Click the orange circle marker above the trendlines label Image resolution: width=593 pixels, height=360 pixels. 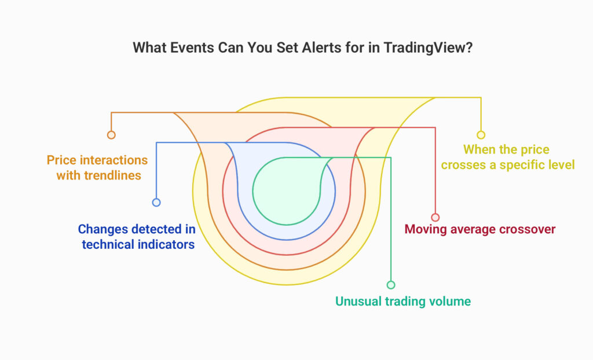click(111, 135)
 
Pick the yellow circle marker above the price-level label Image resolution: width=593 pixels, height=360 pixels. click(481, 135)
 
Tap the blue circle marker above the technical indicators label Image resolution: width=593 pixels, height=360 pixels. click(156, 203)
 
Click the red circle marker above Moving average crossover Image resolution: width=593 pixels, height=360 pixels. click(435, 218)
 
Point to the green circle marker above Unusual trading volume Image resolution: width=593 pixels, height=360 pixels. click(391, 285)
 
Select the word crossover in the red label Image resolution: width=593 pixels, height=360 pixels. click(528, 229)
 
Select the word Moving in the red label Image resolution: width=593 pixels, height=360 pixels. click(424, 229)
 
